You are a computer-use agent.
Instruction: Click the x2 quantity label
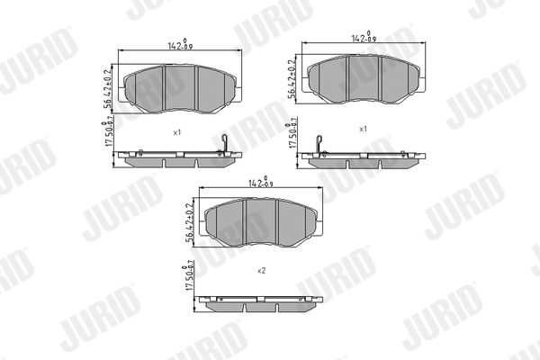point(262,269)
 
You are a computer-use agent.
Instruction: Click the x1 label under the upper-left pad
point(178,132)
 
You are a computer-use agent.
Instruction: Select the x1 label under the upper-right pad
point(364,129)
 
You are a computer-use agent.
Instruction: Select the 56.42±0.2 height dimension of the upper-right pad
point(292,81)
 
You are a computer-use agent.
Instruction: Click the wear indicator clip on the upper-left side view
point(226,144)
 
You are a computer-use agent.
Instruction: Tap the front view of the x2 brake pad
point(261,222)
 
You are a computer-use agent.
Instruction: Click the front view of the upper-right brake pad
point(364,79)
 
